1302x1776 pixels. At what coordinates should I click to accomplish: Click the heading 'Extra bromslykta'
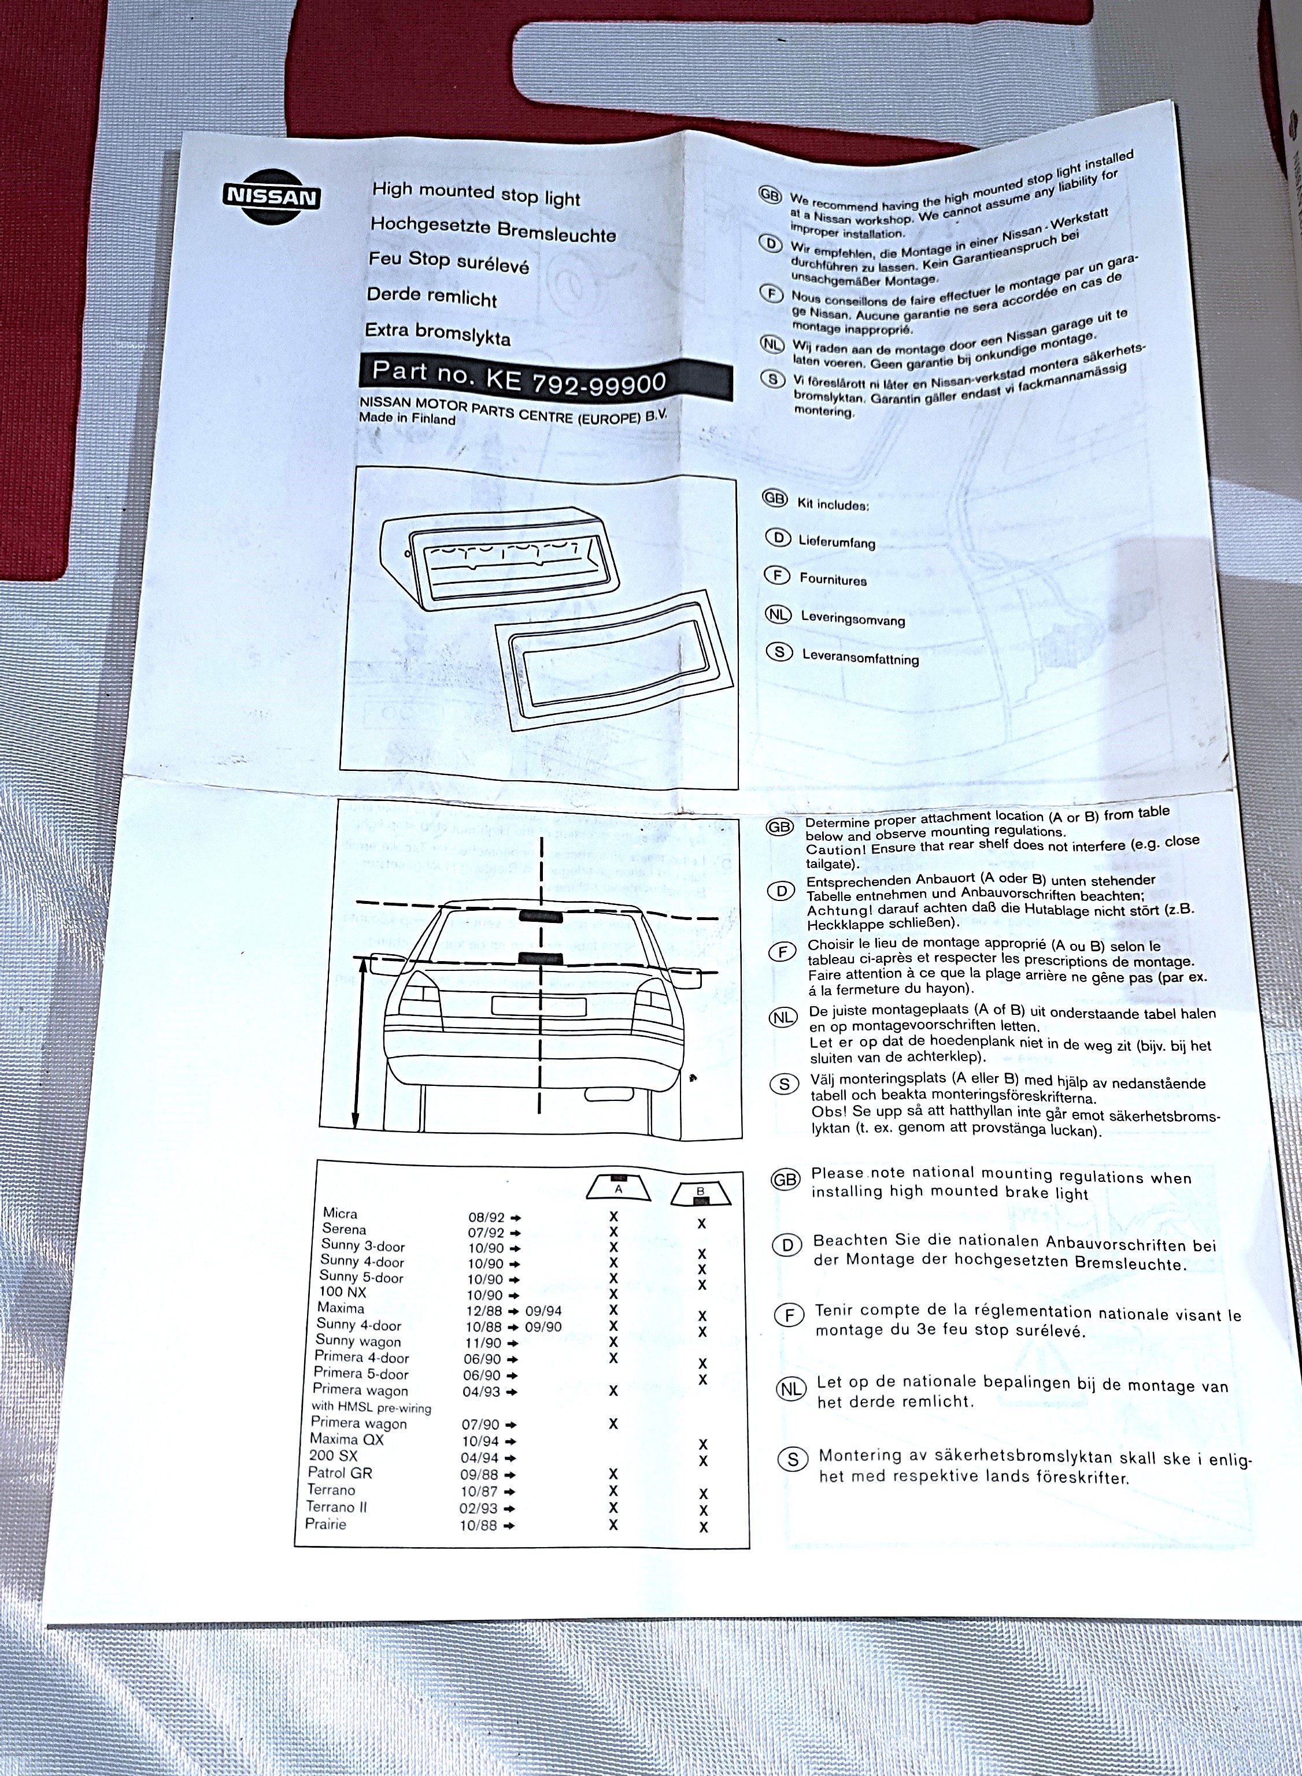click(x=438, y=334)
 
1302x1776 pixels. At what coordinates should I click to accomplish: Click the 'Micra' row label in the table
click(x=340, y=1214)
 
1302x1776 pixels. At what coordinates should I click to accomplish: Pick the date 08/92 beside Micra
click(x=486, y=1217)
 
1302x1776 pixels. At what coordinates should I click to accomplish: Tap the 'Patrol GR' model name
click(x=340, y=1473)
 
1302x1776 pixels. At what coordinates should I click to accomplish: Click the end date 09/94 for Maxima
click(x=543, y=1312)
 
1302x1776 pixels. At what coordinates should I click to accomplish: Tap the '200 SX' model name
click(x=332, y=1455)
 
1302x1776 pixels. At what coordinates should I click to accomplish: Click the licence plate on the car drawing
click(x=539, y=1006)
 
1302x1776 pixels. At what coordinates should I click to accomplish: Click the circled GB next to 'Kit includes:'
click(x=775, y=498)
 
